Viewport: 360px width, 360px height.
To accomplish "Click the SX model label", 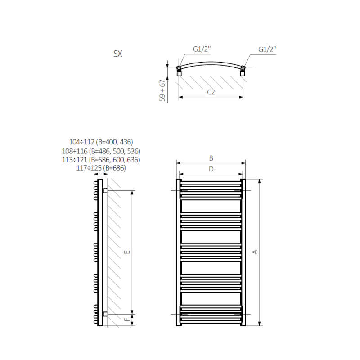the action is pyautogui.click(x=118, y=54).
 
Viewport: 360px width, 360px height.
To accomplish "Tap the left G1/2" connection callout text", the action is pyautogui.click(x=202, y=49).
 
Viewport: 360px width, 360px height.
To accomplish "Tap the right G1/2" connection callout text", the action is pyautogui.click(x=267, y=49).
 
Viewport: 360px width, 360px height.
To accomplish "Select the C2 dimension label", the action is pyautogui.click(x=211, y=92).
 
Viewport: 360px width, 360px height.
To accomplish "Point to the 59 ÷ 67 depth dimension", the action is pyautogui.click(x=162, y=90).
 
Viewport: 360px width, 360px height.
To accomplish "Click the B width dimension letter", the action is pyautogui.click(x=211, y=158).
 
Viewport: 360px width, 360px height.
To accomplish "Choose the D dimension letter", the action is pyautogui.click(x=211, y=169).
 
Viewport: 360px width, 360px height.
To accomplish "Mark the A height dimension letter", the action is pyautogui.click(x=254, y=252).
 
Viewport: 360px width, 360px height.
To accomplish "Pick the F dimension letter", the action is pyautogui.click(x=127, y=319).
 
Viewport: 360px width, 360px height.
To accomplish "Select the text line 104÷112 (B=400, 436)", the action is pyautogui.click(x=101, y=142).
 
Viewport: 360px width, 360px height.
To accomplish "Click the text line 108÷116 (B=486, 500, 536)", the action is pyautogui.click(x=101, y=151).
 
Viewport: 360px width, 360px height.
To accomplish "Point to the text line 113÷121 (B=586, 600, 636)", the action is pyautogui.click(x=101, y=160).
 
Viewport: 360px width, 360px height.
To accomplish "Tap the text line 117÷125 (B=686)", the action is pyautogui.click(x=101, y=168).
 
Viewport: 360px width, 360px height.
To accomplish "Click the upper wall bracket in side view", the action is pyautogui.click(x=105, y=190).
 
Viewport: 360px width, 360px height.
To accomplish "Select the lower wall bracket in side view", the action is pyautogui.click(x=105, y=314).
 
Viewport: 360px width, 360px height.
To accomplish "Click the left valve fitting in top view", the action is pyautogui.click(x=179, y=71).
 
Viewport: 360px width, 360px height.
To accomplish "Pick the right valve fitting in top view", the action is pyautogui.click(x=243, y=71).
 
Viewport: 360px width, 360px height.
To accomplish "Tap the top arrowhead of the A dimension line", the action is pyautogui.click(x=260, y=181).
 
